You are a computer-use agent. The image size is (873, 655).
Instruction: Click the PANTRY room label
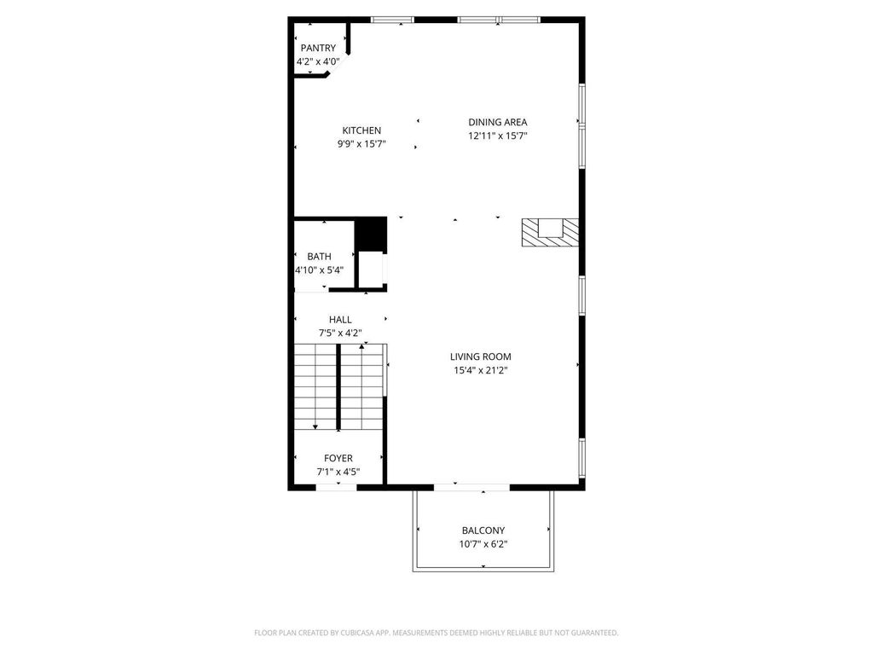pyautogui.click(x=318, y=48)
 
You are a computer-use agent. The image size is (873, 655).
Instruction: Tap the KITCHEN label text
pyautogui.click(x=361, y=130)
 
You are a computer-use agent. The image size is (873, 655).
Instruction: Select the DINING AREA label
pyautogui.click(x=497, y=122)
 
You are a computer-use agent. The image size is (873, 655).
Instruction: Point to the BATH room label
pyautogui.click(x=319, y=256)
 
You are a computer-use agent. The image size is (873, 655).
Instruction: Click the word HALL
pyautogui.click(x=340, y=319)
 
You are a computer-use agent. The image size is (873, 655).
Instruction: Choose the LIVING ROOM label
pyautogui.click(x=481, y=356)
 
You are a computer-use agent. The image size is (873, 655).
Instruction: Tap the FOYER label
pyautogui.click(x=338, y=458)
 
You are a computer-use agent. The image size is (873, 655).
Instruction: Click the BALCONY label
pyautogui.click(x=483, y=530)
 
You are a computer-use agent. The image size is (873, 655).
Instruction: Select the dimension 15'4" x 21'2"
pyautogui.click(x=481, y=370)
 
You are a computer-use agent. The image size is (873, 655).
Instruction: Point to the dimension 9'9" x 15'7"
pyautogui.click(x=361, y=143)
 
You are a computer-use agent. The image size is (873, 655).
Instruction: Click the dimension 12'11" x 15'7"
pyautogui.click(x=497, y=136)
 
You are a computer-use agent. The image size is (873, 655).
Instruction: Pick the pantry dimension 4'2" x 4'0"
pyautogui.click(x=317, y=61)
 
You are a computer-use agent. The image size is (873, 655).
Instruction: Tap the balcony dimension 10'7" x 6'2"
pyautogui.click(x=483, y=543)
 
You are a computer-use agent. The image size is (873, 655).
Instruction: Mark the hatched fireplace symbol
pyautogui.click(x=550, y=232)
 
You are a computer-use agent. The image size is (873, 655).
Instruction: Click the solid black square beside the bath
pyautogui.click(x=371, y=234)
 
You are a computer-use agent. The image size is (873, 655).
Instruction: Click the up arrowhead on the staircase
pyautogui.click(x=361, y=346)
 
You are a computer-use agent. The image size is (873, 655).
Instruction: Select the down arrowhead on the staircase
pyautogui.click(x=315, y=427)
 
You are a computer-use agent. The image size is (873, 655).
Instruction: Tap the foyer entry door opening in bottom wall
pyautogui.click(x=336, y=487)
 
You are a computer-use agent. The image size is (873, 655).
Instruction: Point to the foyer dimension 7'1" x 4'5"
pyautogui.click(x=338, y=472)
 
